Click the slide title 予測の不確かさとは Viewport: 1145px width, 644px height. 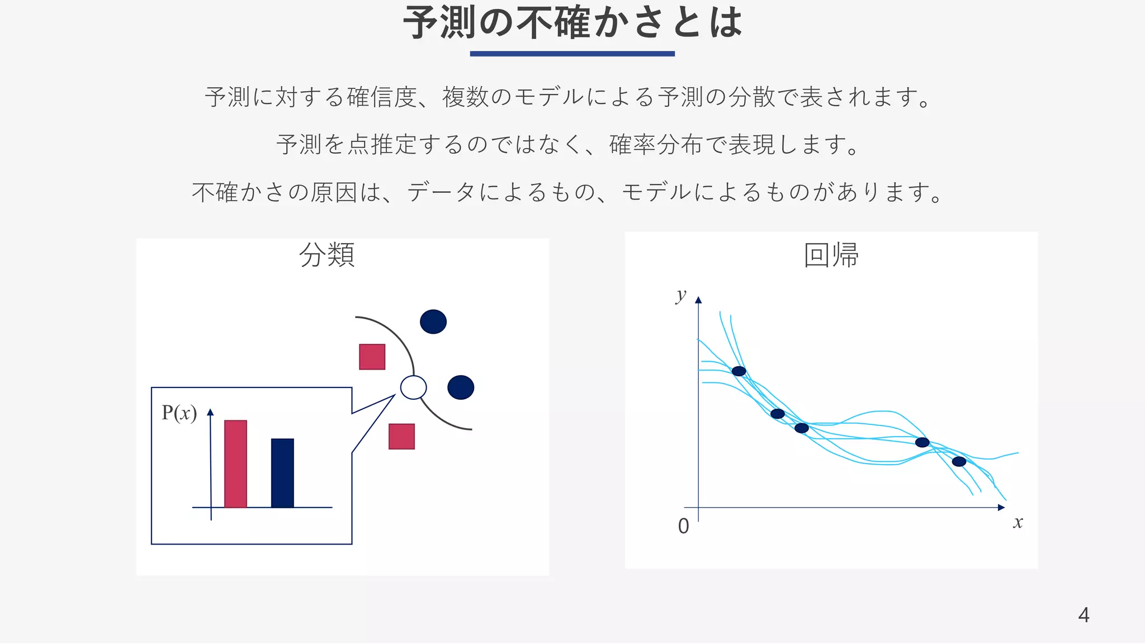click(x=572, y=23)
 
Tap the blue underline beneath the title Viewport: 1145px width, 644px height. click(x=572, y=54)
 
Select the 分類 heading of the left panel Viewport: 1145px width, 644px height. click(x=327, y=255)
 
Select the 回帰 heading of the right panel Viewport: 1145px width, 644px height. click(x=831, y=255)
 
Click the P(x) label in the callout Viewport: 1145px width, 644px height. click(x=179, y=413)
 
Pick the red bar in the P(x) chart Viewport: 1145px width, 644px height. click(x=235, y=464)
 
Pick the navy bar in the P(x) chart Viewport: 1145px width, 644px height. click(x=282, y=473)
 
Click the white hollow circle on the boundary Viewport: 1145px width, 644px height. click(x=414, y=387)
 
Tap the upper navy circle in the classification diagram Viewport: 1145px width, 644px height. click(x=433, y=321)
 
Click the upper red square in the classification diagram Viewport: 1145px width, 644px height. click(x=372, y=357)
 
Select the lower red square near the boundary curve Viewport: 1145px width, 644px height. click(x=402, y=437)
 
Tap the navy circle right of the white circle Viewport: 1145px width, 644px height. click(x=461, y=387)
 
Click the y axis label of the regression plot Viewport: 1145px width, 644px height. click(x=680, y=295)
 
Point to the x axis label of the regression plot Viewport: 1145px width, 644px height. click(x=1018, y=523)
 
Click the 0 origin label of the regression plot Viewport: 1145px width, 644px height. click(x=683, y=526)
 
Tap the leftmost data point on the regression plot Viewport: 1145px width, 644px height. click(x=739, y=371)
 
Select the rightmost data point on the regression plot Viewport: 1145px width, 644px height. click(x=959, y=461)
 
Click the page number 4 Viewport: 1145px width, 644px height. click(x=1084, y=615)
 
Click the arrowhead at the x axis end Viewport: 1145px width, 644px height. click(x=1001, y=508)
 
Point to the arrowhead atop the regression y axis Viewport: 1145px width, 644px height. click(x=698, y=300)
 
